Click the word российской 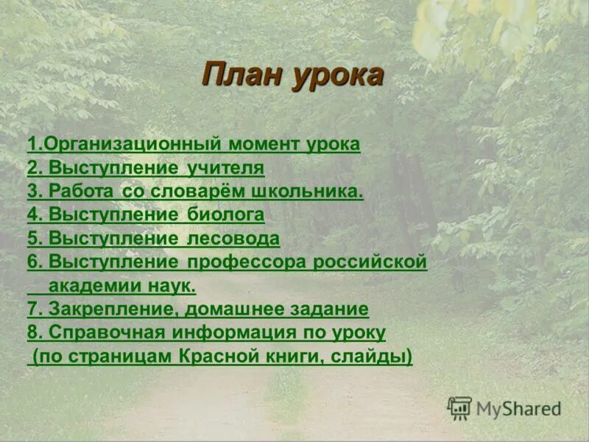point(372,262)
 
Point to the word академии point(94,285)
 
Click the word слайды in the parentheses point(375,357)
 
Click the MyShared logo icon point(459,408)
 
